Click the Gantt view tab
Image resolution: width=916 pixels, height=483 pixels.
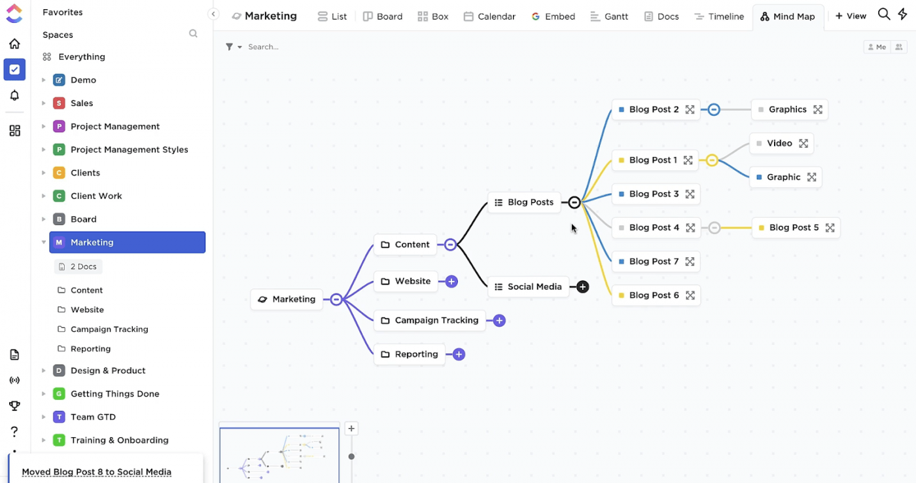[x=609, y=16]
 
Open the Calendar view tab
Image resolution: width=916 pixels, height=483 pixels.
[x=489, y=16]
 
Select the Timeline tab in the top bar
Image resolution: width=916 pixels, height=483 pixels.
[x=719, y=16]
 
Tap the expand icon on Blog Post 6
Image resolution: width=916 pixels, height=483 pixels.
[x=690, y=295]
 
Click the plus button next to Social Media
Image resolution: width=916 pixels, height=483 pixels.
[x=583, y=287]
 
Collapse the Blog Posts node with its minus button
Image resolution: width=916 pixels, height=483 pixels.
[x=574, y=202]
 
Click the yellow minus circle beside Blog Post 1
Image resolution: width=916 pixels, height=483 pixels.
[x=712, y=160]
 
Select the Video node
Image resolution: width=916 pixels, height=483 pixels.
[x=781, y=143]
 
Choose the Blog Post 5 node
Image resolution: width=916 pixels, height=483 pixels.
[x=796, y=227]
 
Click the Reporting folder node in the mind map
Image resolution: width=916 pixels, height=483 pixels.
[x=410, y=354]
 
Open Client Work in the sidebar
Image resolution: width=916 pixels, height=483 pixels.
[x=96, y=196]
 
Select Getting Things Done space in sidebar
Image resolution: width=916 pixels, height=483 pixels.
[x=115, y=394]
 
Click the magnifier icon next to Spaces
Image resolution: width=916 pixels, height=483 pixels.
[x=193, y=33]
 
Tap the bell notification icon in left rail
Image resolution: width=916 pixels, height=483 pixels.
[x=14, y=96]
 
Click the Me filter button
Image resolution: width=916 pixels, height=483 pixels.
[x=877, y=47]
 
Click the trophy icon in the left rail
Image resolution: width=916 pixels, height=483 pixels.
[x=14, y=406]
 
